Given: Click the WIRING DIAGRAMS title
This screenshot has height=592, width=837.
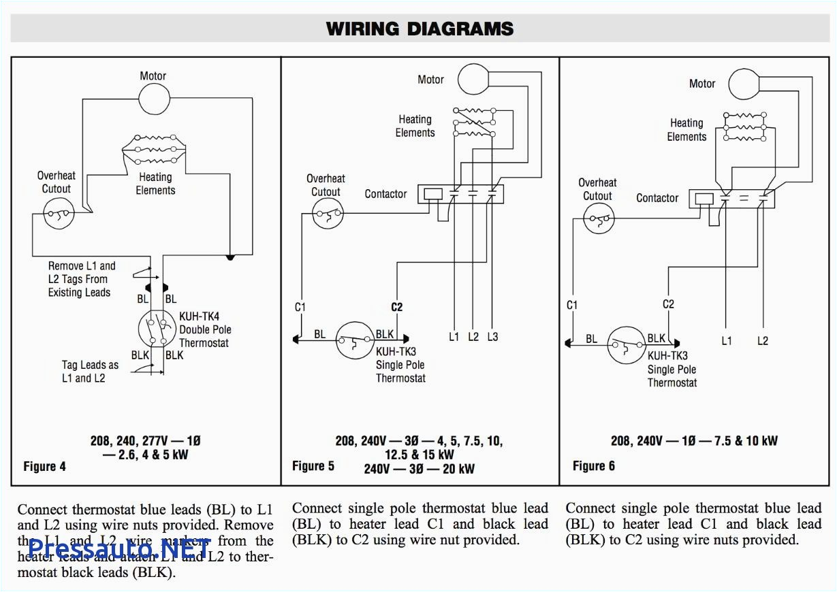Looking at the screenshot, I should [419, 29].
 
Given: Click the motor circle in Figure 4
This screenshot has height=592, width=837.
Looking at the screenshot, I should [154, 99].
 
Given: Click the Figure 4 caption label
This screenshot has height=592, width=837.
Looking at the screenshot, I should [45, 467].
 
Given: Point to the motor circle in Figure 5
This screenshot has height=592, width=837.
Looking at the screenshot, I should [473, 79].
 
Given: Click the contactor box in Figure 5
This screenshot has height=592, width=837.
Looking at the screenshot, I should [460, 194].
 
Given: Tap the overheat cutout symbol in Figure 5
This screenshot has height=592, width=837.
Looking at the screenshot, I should [328, 216].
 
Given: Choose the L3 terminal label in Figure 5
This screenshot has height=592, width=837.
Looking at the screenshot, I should [492, 337].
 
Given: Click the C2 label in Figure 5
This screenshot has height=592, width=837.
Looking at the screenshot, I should [396, 307].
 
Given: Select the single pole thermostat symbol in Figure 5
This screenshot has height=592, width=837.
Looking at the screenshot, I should [355, 340].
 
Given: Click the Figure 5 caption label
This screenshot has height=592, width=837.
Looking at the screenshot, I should [313, 466].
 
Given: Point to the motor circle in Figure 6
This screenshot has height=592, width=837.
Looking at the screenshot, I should [744, 84].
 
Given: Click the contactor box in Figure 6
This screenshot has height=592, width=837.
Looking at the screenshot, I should [731, 199].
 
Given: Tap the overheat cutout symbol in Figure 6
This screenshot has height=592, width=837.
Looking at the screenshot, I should [599, 219].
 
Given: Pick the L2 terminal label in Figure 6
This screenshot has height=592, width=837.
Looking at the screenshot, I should [762, 341].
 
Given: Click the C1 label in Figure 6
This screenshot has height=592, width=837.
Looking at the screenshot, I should [572, 305].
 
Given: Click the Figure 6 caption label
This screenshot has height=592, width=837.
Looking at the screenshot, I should [594, 466].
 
